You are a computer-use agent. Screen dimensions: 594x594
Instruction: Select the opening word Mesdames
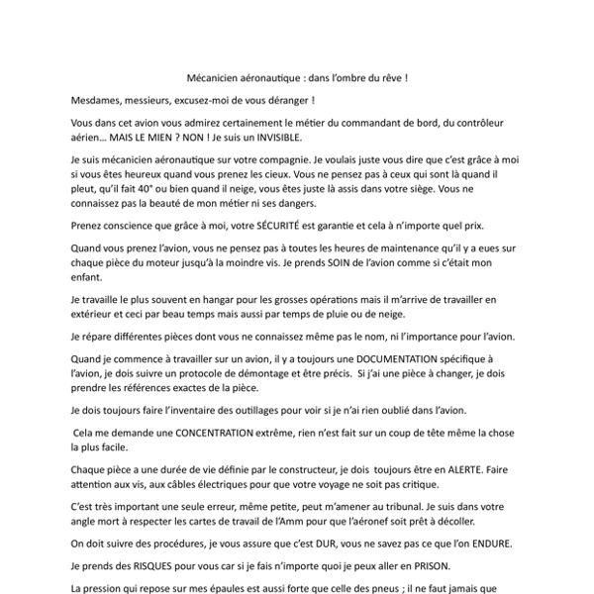pos(102,100)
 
